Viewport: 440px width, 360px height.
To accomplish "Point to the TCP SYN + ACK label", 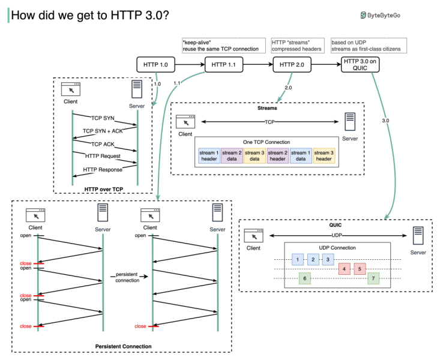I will click(103, 131).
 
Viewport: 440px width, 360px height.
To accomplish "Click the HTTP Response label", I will click(103, 169).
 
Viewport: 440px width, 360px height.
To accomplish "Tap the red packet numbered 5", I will click(359, 269).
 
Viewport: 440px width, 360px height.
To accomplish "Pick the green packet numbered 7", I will click(373, 278).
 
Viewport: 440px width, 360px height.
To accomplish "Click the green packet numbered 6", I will click(305, 278).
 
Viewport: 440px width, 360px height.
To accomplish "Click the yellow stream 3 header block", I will click(324, 155).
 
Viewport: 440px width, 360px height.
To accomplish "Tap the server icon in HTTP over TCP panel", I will click(137, 91).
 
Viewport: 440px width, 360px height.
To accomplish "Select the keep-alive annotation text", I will click(220, 45).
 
